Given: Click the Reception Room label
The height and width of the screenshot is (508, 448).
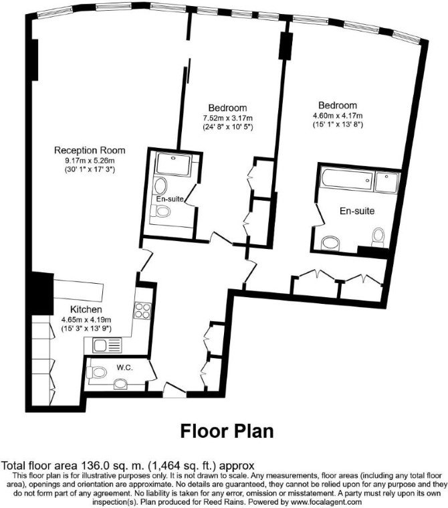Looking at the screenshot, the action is coord(90,151).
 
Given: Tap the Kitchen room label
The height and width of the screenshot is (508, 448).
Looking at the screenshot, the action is coord(86,309).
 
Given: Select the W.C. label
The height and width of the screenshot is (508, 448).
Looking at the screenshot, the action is coord(125,367).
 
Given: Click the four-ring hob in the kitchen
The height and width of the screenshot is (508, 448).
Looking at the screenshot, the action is coord(142,311).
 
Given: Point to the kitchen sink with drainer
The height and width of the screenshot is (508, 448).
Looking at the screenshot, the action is coord(107,345).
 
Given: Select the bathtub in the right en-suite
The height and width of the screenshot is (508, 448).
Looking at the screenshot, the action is coord(348,179).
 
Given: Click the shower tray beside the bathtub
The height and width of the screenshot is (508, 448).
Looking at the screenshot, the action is coord(387,183).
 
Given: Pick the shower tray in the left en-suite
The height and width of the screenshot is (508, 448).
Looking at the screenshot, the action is coord(173,164).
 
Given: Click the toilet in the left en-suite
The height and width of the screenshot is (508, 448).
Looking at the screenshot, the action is coord(161,212).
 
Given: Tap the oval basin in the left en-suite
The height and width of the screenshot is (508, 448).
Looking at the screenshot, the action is coord(161,185).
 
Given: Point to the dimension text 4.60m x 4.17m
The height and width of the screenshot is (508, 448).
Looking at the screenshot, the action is coord(338,116).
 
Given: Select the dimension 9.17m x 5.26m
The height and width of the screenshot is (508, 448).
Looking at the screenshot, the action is coord(90,161).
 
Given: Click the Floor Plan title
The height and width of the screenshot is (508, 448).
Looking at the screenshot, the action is coord(227,431).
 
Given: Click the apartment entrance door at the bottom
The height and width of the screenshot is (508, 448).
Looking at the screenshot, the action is coord(174,390).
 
